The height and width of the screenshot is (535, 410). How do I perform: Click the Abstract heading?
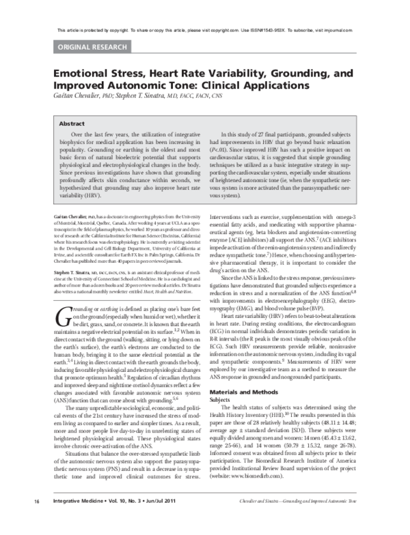(72, 125)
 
